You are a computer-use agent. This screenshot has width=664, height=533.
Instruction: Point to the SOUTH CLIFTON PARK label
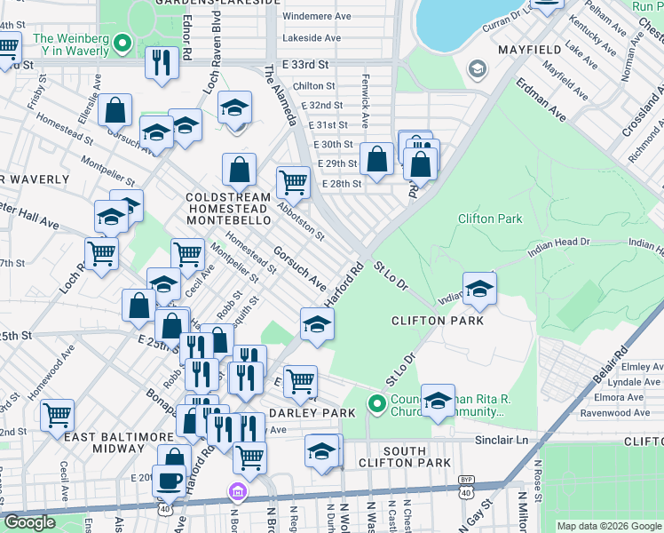tap(405, 457)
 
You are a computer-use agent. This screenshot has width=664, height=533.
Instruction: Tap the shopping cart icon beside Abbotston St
tap(293, 182)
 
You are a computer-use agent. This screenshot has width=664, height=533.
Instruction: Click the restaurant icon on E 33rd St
tap(162, 61)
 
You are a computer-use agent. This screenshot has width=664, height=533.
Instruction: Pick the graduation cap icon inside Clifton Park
tap(479, 288)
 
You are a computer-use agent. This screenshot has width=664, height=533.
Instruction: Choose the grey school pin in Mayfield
tap(478, 69)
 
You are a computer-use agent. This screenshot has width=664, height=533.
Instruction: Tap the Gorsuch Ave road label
tap(299, 266)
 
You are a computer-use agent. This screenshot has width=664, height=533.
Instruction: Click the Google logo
tap(29, 523)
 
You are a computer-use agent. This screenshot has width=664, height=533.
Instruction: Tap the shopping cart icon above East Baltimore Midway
tap(57, 414)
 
